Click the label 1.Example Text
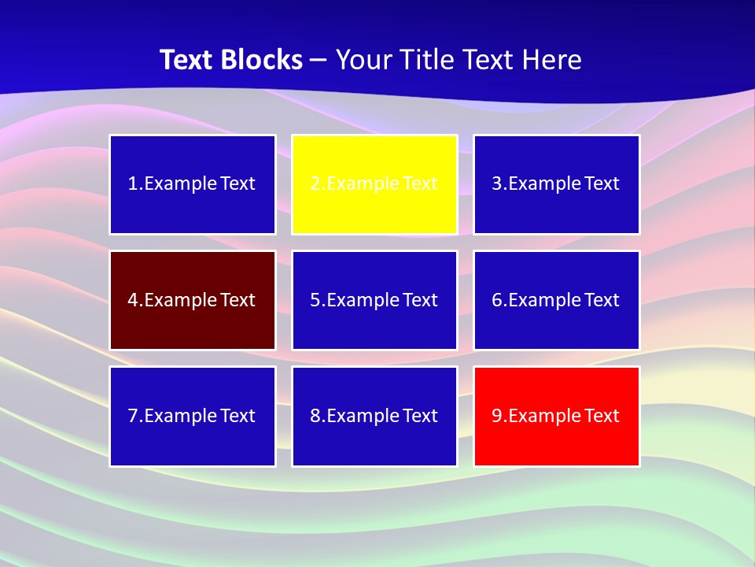192,183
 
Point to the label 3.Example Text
556,183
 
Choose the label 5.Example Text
374,300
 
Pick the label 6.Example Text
556,300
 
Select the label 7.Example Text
192,416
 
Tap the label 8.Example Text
374,416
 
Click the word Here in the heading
553,60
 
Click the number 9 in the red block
497,416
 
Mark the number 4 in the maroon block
133,300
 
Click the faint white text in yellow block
374,183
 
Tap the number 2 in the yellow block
315,183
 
